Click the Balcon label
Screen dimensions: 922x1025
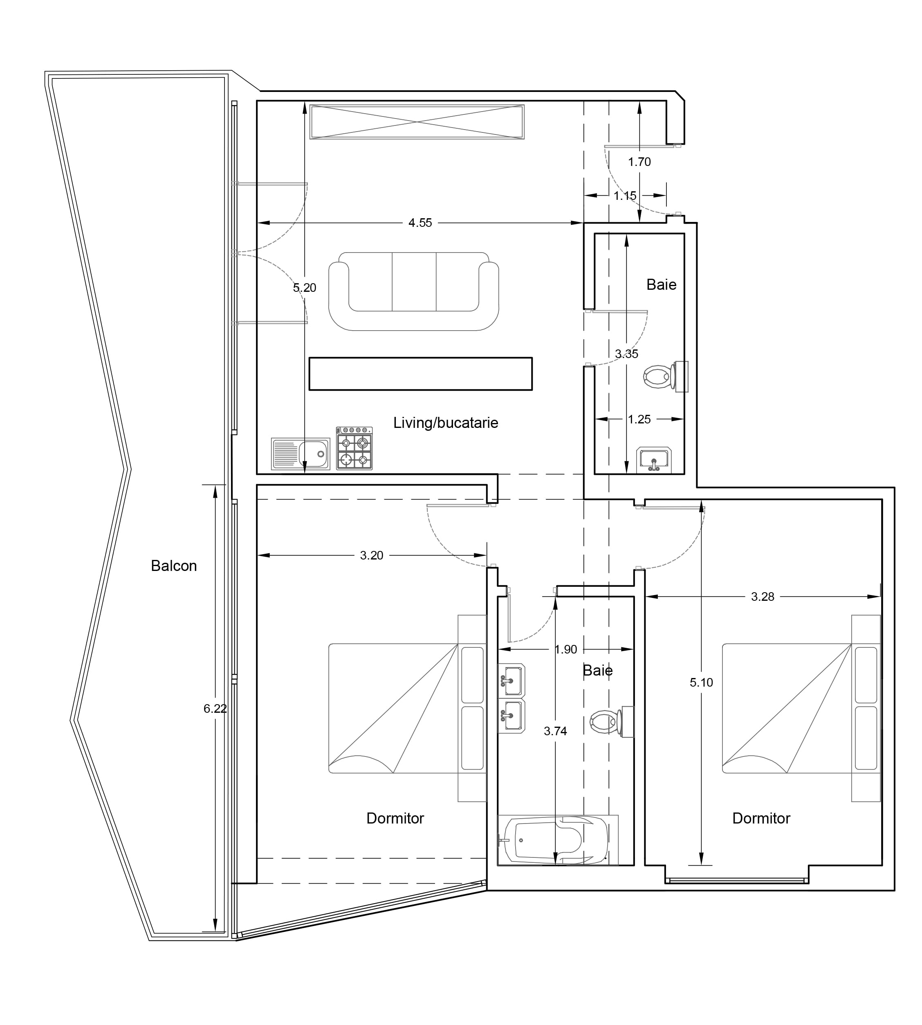click(174, 566)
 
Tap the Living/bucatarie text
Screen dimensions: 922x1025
click(446, 423)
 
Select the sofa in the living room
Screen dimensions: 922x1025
click(414, 291)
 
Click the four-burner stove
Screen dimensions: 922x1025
click(354, 448)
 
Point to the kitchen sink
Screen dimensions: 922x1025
click(301, 454)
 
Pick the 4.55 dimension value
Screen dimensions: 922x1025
click(420, 223)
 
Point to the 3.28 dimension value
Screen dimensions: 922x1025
click(763, 597)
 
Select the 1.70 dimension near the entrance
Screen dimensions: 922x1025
click(639, 162)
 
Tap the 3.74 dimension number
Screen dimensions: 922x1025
click(555, 731)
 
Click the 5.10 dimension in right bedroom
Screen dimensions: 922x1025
click(701, 682)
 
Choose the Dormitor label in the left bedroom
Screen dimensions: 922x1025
click(395, 818)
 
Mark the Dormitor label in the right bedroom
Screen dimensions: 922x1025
click(761, 818)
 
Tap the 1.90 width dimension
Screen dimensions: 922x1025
click(566, 649)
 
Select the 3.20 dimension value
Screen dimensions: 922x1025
click(372, 555)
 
